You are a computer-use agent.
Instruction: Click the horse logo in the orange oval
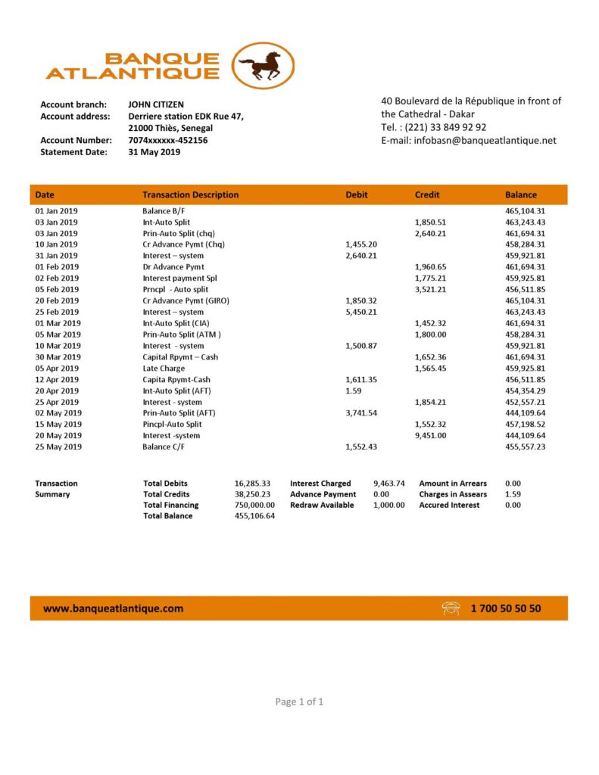[x=262, y=65]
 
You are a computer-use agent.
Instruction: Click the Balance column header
[x=520, y=195]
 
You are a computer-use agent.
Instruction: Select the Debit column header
[x=356, y=195]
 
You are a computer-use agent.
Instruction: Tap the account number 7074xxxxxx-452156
[x=168, y=140]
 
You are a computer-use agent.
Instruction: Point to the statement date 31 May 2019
[x=154, y=151]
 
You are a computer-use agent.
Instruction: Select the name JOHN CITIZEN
[x=156, y=104]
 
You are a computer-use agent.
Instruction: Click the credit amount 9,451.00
[x=431, y=435]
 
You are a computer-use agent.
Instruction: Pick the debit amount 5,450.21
[x=360, y=312]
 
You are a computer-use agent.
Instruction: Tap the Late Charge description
[x=164, y=368]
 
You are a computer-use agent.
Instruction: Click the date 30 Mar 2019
[x=58, y=356]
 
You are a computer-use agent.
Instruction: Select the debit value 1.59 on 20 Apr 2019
[x=351, y=391]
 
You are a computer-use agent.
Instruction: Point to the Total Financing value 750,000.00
[x=254, y=505]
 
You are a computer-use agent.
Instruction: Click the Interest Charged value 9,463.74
[x=388, y=483]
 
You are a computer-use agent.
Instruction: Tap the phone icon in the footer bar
[x=452, y=608]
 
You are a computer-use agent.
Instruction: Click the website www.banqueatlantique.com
[x=113, y=608]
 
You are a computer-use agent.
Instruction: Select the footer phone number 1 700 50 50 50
[x=505, y=608]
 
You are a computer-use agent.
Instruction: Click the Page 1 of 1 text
[x=299, y=702]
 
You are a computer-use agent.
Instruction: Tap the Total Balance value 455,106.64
[x=254, y=515]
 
